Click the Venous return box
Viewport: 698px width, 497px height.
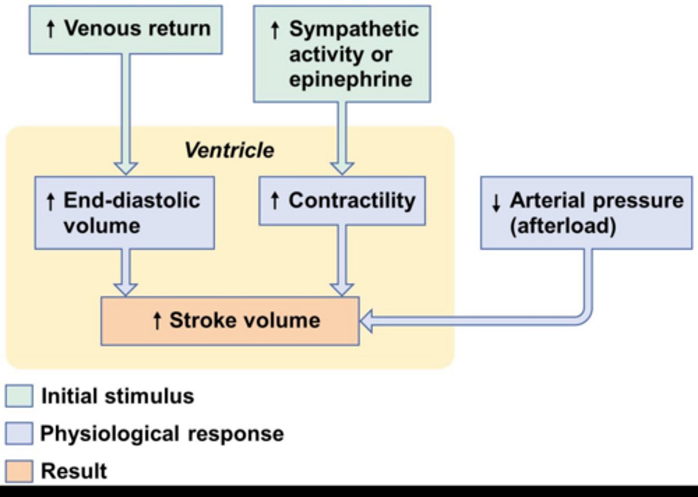click(x=126, y=30)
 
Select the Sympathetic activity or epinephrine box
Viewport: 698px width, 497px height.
click(x=342, y=54)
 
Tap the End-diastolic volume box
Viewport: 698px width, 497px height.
click(x=125, y=213)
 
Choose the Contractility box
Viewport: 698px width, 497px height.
click(x=342, y=200)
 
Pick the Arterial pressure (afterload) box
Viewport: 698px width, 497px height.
click(x=587, y=213)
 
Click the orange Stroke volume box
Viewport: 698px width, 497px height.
click(x=230, y=321)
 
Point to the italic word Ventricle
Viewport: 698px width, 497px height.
click(x=229, y=150)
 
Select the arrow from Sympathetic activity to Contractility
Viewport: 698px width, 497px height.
click(x=342, y=139)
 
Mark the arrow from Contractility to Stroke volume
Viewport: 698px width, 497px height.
click(x=342, y=261)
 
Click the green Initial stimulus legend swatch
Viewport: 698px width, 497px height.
click(x=19, y=396)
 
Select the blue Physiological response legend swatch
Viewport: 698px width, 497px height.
click(x=19, y=433)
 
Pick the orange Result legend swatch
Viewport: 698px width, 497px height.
click(x=19, y=471)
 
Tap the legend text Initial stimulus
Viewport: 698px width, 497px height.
click(x=118, y=396)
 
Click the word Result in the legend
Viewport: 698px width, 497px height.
click(x=74, y=471)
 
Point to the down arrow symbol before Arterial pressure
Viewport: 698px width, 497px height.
click(x=496, y=203)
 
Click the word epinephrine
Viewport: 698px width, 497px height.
click(x=351, y=80)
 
